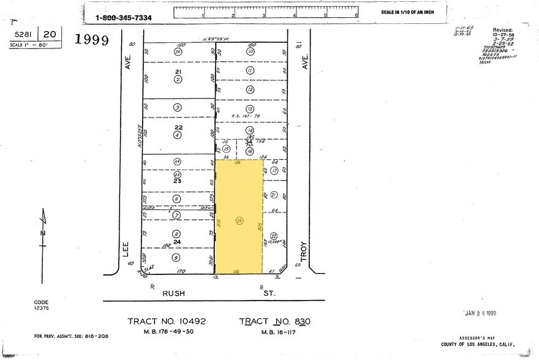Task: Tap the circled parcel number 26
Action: click(178, 52)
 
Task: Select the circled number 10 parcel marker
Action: click(250, 52)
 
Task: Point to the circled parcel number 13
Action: click(250, 109)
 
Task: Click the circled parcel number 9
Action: click(177, 258)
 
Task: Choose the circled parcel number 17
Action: click(274, 170)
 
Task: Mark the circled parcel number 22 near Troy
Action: click(274, 236)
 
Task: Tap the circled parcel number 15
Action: click(226, 149)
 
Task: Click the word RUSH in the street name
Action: click(173, 293)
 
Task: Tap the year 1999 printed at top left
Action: click(91, 40)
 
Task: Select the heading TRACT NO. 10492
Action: click(170, 321)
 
